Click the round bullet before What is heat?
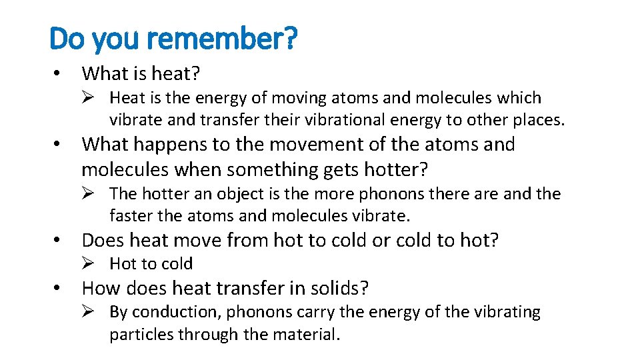click(58, 73)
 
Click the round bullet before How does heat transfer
click(58, 289)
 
